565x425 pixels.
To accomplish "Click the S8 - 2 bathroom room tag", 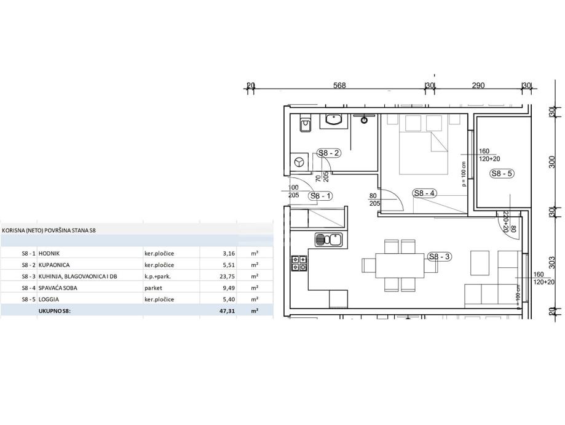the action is pyautogui.click(x=329, y=153).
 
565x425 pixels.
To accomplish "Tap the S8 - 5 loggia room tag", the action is pyautogui.click(x=502, y=173).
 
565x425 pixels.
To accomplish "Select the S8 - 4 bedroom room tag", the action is pyautogui.click(x=424, y=193).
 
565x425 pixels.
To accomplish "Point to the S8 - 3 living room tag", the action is pyautogui.click(x=440, y=257).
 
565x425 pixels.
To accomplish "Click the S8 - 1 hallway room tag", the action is pyautogui.click(x=320, y=196).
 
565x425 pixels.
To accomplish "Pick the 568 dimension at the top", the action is pyautogui.click(x=339, y=85).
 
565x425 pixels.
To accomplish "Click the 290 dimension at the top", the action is pyautogui.click(x=478, y=85).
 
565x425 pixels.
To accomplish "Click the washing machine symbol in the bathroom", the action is pyautogui.click(x=299, y=162).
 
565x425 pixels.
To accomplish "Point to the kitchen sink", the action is pyautogui.click(x=329, y=240).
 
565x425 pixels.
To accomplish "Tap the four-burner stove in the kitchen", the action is pyautogui.click(x=299, y=263).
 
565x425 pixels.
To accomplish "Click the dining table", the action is pyautogui.click(x=400, y=265).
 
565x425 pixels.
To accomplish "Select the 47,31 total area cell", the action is pyautogui.click(x=227, y=310).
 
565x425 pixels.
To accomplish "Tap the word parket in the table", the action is pyautogui.click(x=153, y=288).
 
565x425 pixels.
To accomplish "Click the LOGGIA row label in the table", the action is pyautogui.click(x=49, y=299).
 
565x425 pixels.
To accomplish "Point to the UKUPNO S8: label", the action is pyautogui.click(x=54, y=310).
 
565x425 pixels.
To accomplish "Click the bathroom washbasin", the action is pyautogui.click(x=334, y=121).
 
